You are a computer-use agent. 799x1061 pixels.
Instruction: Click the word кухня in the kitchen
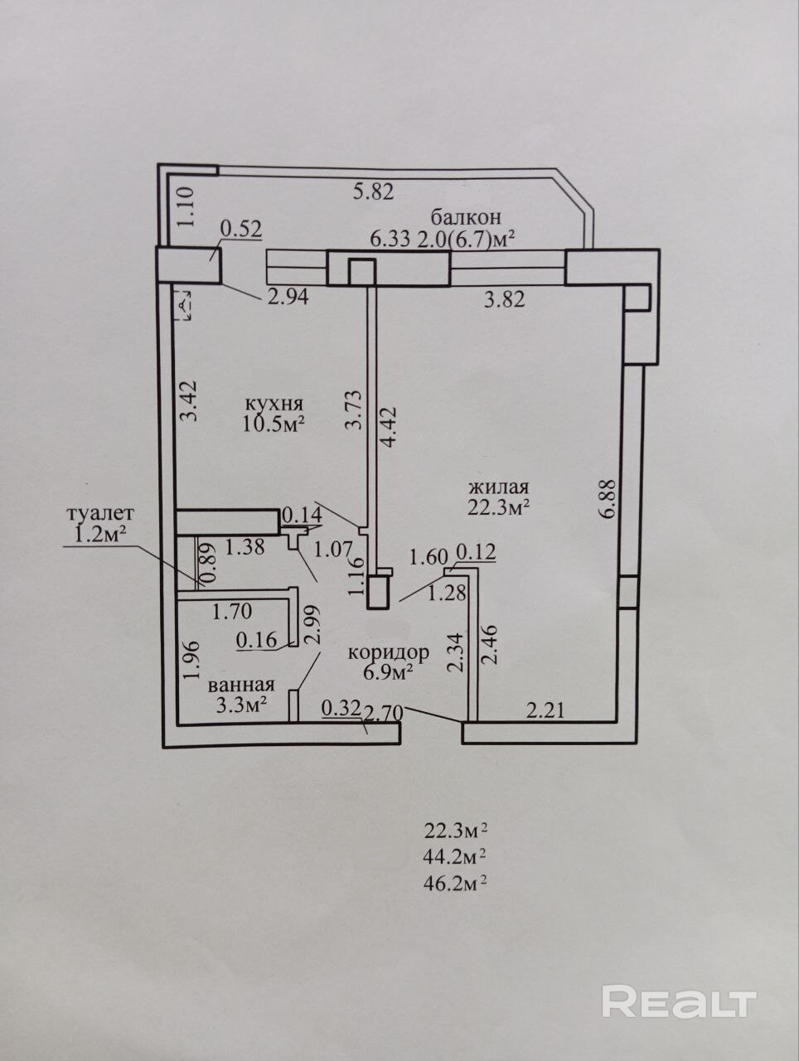tap(274, 404)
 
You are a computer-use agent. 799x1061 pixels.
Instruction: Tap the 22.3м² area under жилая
tap(498, 507)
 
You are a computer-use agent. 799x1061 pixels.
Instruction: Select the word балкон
tap(466, 218)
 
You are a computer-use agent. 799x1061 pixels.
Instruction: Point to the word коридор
tap(389, 652)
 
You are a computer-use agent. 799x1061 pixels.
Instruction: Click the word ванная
tap(241, 685)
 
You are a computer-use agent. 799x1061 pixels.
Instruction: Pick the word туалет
tap(100, 514)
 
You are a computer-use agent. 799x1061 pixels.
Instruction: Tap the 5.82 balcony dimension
tap(374, 192)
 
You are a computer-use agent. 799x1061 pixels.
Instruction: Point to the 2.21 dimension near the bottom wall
tap(545, 710)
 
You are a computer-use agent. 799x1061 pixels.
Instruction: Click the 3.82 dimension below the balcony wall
tap(504, 300)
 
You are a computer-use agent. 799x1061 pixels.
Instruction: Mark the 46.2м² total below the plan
tap(454, 883)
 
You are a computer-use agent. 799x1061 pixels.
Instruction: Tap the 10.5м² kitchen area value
tap(274, 424)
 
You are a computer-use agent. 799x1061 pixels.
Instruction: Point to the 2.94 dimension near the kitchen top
tap(288, 296)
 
